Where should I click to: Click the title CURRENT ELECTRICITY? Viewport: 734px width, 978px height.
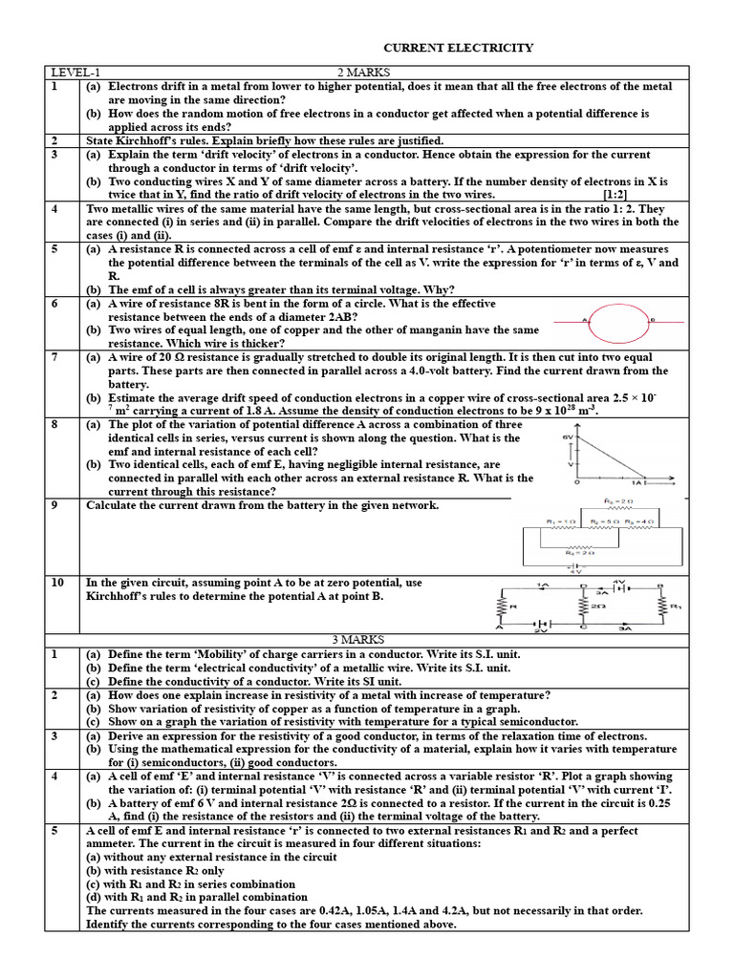click(458, 48)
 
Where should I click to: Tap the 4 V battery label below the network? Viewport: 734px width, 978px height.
click(603, 571)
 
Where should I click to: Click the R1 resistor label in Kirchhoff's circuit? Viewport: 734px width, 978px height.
click(676, 606)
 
